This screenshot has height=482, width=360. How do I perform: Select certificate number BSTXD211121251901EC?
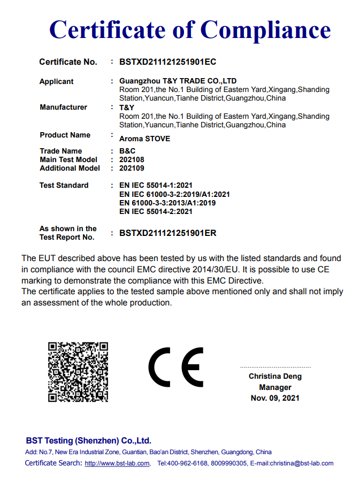(x=167, y=62)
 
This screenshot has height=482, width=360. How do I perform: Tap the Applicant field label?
(x=56, y=81)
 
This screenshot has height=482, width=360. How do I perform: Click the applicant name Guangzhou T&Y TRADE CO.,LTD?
(x=178, y=81)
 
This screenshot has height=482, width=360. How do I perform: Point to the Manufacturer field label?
(x=63, y=107)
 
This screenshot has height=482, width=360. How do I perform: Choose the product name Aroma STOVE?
(x=144, y=139)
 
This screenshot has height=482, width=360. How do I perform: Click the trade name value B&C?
(x=127, y=151)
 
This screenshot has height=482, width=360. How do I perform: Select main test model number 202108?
(x=132, y=159)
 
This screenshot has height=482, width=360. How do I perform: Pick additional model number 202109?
(x=132, y=168)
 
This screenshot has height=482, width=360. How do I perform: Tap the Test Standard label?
(x=64, y=185)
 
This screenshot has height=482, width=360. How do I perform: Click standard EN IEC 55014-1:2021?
(x=156, y=186)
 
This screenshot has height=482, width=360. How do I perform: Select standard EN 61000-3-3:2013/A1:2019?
(x=167, y=203)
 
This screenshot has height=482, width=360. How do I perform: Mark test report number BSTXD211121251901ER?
(x=167, y=233)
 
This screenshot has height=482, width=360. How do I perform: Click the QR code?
(x=78, y=371)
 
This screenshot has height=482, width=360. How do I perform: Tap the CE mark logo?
(x=176, y=367)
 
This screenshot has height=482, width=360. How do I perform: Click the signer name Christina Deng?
(x=275, y=376)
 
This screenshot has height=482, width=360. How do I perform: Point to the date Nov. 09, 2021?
(x=275, y=398)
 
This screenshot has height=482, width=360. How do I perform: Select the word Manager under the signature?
(x=275, y=387)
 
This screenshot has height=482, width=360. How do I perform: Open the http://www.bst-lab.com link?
(x=117, y=463)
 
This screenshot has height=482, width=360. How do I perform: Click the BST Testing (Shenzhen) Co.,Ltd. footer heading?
(x=88, y=441)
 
